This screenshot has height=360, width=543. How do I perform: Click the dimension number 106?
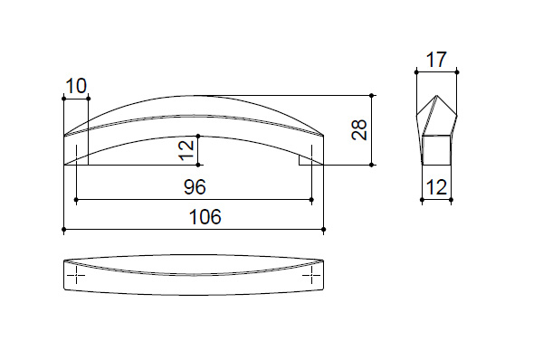point(205,217)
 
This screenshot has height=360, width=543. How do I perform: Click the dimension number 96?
point(195,187)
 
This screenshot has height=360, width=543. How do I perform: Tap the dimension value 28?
point(359,130)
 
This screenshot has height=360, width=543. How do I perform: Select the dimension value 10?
point(76,86)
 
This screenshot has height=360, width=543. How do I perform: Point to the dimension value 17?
point(436,60)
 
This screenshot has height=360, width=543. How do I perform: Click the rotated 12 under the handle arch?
point(186,150)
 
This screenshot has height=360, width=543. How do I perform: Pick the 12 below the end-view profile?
point(437,187)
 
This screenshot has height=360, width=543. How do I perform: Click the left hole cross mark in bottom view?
point(76,275)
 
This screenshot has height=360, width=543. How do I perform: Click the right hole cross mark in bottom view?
point(311,275)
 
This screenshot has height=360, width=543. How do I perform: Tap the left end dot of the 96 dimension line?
point(76,200)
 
